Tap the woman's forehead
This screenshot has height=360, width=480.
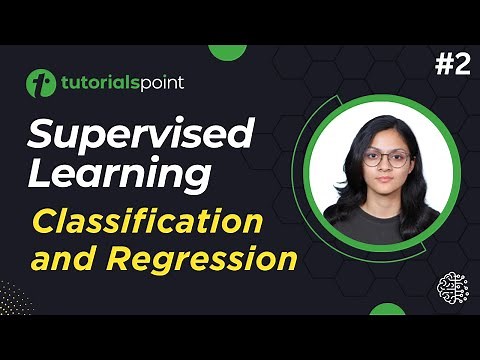click(x=383, y=143)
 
